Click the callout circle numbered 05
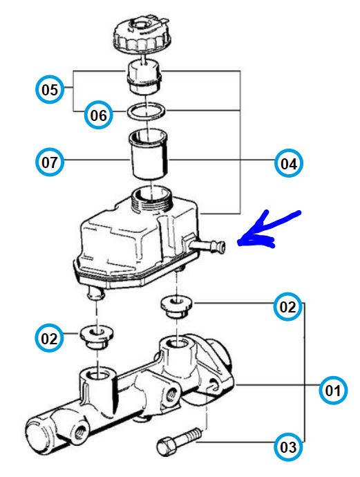click(x=50, y=89)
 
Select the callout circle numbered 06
click(x=99, y=115)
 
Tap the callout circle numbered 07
click(x=50, y=162)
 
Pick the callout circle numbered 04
click(x=289, y=163)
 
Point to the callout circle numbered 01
click(x=333, y=391)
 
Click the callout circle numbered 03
click(x=288, y=447)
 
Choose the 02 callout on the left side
click(x=49, y=338)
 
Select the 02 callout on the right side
click(x=287, y=306)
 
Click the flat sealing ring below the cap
click(x=146, y=111)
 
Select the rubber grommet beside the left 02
click(x=97, y=337)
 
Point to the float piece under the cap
click(x=144, y=76)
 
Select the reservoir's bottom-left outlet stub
click(x=95, y=293)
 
